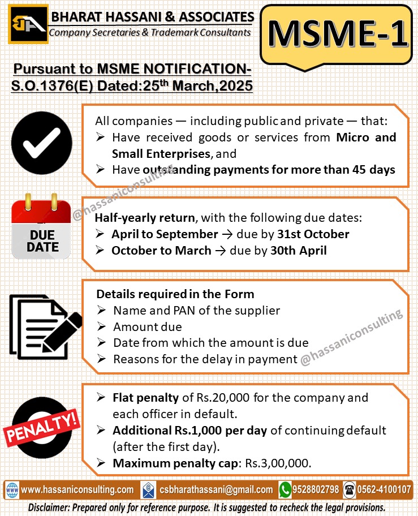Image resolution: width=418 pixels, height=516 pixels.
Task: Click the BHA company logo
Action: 28,24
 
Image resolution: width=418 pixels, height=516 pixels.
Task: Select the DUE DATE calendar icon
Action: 42,226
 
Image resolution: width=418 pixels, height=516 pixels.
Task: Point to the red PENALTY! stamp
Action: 41,422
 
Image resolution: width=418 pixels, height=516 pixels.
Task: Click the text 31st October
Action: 313,234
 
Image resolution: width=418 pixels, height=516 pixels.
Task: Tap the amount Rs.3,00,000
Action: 277,463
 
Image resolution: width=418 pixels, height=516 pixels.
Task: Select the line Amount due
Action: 148,326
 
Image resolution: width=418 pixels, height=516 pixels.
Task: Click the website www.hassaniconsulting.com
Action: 77,489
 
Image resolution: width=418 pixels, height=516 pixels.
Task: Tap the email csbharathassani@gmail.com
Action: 216,489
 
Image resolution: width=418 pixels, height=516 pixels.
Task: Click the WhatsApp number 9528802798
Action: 316,489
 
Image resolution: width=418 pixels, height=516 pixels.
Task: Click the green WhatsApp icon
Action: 285,489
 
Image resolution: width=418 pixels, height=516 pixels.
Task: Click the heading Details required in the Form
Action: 175,294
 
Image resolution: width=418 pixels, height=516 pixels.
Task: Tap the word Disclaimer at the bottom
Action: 49,507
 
